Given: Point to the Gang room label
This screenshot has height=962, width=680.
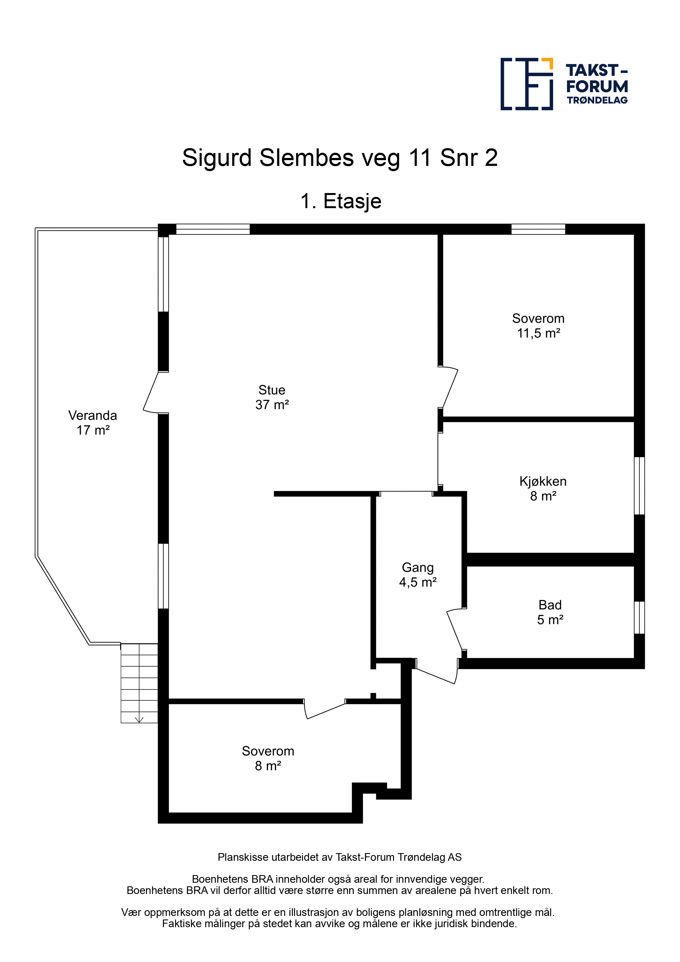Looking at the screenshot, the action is coord(418,568).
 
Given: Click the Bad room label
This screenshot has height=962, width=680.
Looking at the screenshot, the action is coord(550,605).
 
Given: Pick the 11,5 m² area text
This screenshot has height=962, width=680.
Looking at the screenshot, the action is coord(539,333).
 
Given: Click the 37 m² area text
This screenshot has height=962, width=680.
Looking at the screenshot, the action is coord(272,405).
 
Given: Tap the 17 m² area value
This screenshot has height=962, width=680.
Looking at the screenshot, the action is coord(93,430).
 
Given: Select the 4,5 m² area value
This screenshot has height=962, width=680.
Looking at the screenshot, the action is coord(418,582).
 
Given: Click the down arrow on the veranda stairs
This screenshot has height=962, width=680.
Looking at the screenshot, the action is coord(139,719).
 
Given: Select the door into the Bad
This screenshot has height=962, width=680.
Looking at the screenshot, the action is coord(455,630).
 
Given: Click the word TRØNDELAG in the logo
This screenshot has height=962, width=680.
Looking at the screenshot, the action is coord(597,100).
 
